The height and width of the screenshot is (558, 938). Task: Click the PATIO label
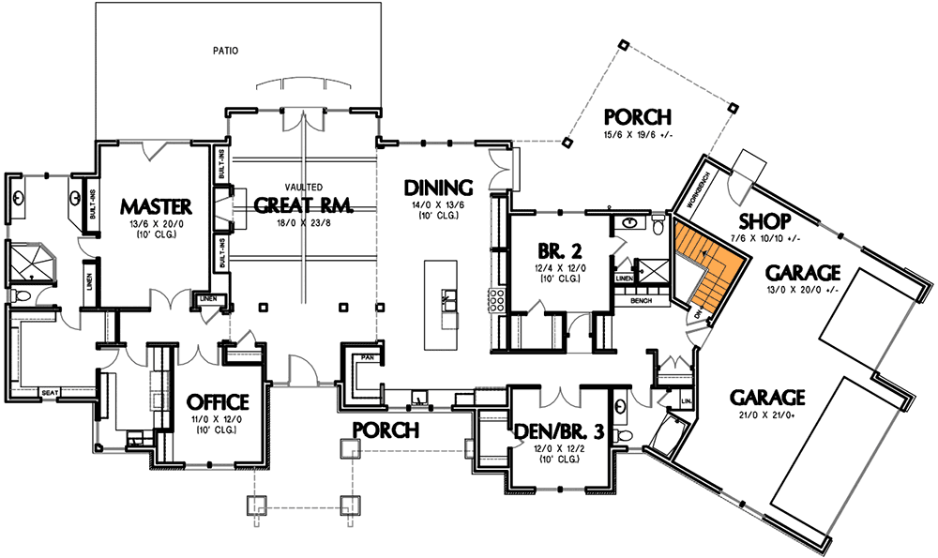(x=224, y=51)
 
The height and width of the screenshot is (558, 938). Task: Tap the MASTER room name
(x=156, y=205)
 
